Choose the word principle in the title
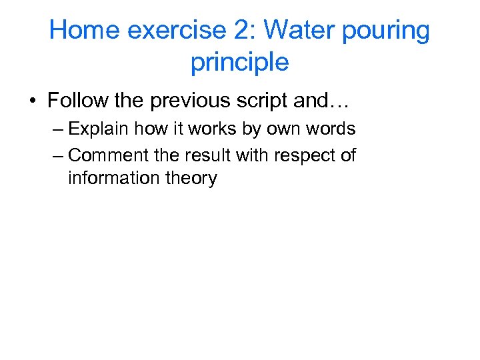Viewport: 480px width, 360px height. (239, 63)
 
